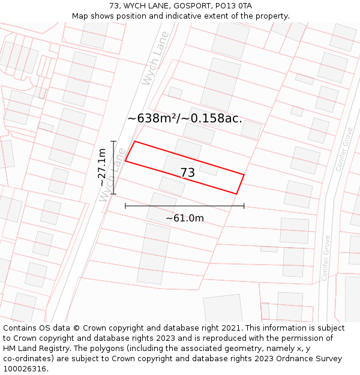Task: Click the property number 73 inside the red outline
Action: point(187,173)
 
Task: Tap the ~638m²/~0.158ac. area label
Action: point(185,118)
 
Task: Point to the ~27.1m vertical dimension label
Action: point(103,167)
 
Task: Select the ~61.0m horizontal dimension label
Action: point(185,218)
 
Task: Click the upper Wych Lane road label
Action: point(154,67)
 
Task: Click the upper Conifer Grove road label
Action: point(344,149)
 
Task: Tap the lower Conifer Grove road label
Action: point(326,257)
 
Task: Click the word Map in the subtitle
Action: point(80,16)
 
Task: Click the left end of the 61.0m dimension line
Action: point(125,206)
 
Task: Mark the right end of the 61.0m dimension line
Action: point(244,206)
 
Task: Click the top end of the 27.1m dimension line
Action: point(113,141)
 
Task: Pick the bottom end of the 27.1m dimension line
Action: point(113,194)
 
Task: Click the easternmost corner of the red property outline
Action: point(244,175)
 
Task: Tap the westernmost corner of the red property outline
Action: point(125,161)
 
